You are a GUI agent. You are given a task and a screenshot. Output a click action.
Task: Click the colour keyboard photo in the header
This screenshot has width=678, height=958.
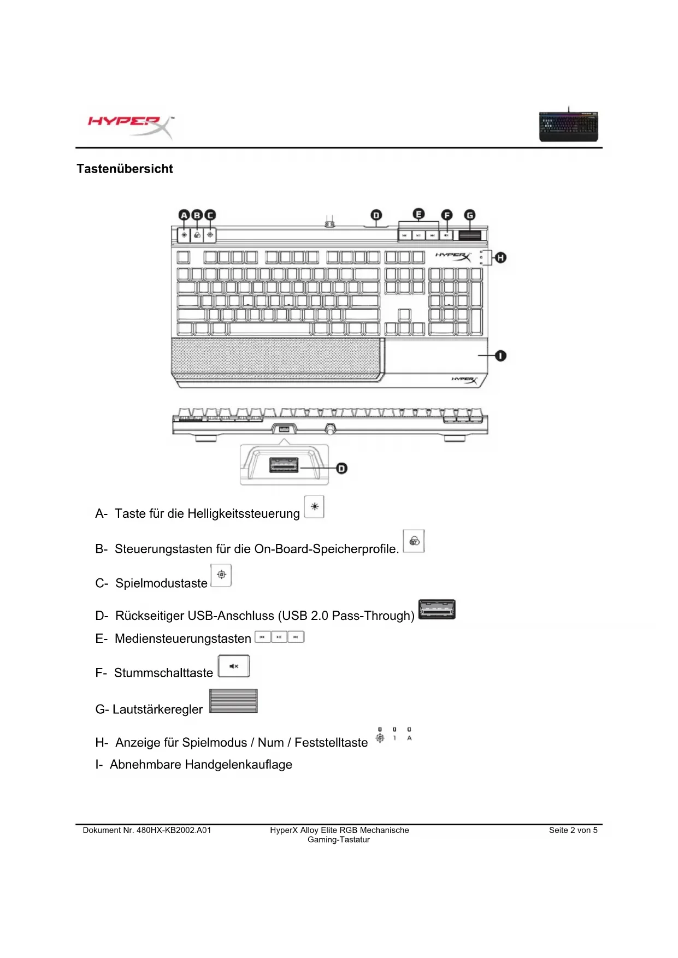point(568,126)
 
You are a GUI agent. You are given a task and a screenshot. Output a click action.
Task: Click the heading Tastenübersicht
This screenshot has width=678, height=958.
point(125,169)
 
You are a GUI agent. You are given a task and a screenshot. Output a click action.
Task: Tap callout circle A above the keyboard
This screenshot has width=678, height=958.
point(184,215)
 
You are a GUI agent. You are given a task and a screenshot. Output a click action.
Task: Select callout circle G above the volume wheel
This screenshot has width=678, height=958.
point(469,215)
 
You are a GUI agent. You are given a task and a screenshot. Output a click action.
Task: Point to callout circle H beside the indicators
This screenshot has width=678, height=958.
point(500,257)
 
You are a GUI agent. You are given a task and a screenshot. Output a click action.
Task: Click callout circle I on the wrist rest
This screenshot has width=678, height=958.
point(500,356)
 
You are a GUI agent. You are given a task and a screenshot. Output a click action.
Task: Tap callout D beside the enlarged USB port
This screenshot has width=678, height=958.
point(341,468)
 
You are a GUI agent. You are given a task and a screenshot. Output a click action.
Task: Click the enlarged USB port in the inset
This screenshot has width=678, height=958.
point(284,465)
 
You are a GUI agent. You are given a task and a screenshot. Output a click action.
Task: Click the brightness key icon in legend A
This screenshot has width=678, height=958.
point(314,507)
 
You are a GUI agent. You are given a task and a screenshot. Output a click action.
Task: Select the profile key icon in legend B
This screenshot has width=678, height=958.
point(414,541)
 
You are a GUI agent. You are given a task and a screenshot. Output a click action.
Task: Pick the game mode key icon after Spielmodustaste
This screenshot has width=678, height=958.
point(221,575)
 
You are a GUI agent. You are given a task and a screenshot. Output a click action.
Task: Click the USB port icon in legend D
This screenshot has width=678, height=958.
point(437,610)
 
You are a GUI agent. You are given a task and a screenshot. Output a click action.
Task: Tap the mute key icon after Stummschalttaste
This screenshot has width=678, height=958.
point(234,666)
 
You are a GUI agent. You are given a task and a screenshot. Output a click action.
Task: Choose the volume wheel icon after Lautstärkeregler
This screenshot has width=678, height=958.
point(233,701)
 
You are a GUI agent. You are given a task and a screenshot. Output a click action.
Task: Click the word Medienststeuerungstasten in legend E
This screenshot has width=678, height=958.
point(183,638)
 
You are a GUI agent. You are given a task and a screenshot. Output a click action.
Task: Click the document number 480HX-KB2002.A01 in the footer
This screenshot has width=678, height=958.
point(174,830)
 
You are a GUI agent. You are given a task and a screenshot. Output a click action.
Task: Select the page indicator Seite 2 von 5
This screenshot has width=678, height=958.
point(573,830)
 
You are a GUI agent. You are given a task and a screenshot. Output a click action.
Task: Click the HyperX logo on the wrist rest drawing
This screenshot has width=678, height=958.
point(464,380)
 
